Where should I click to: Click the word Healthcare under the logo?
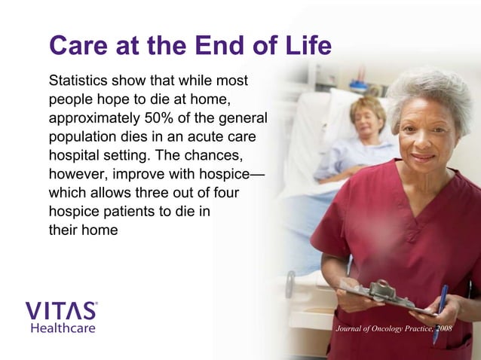point(63,328)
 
